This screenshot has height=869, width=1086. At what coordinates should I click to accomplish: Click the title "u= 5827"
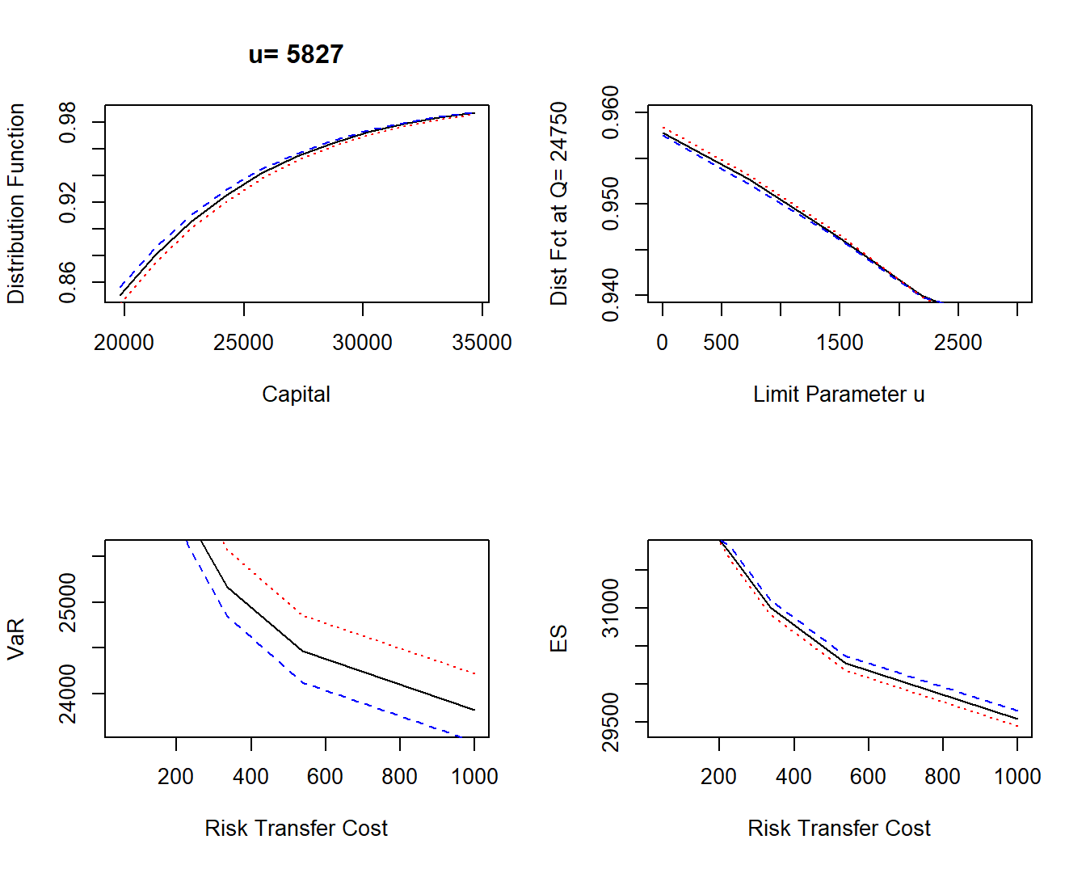(296, 54)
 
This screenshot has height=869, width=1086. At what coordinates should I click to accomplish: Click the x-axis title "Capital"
(296, 394)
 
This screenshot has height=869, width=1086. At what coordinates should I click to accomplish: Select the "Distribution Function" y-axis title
(16, 204)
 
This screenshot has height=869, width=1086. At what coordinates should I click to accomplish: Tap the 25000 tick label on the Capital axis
(243, 343)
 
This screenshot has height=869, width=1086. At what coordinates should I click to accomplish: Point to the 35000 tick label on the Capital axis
(482, 343)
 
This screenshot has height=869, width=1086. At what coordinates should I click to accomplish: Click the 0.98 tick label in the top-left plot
(68, 122)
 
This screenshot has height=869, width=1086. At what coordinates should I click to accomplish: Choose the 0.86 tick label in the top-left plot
(68, 282)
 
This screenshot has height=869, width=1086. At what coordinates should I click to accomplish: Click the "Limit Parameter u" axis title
(839, 394)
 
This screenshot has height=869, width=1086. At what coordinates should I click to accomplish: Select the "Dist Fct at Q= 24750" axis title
(559, 204)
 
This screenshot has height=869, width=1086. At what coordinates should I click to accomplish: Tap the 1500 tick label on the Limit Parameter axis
(840, 343)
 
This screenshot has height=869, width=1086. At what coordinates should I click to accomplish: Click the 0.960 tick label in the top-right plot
(611, 112)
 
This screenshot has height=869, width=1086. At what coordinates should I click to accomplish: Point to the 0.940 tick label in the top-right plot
(611, 296)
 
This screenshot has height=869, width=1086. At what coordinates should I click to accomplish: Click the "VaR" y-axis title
(16, 639)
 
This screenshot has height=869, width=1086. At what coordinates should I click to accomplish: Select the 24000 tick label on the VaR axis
(68, 694)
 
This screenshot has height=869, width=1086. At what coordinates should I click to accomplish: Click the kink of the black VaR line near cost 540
(303, 651)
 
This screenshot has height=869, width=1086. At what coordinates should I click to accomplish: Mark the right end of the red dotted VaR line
(474, 673)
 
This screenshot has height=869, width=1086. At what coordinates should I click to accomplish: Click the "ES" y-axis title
(559, 639)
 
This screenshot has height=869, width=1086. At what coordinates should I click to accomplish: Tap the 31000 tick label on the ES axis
(611, 608)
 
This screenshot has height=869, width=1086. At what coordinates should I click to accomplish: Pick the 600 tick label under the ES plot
(868, 777)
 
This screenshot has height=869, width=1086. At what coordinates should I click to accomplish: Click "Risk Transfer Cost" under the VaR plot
(296, 829)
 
